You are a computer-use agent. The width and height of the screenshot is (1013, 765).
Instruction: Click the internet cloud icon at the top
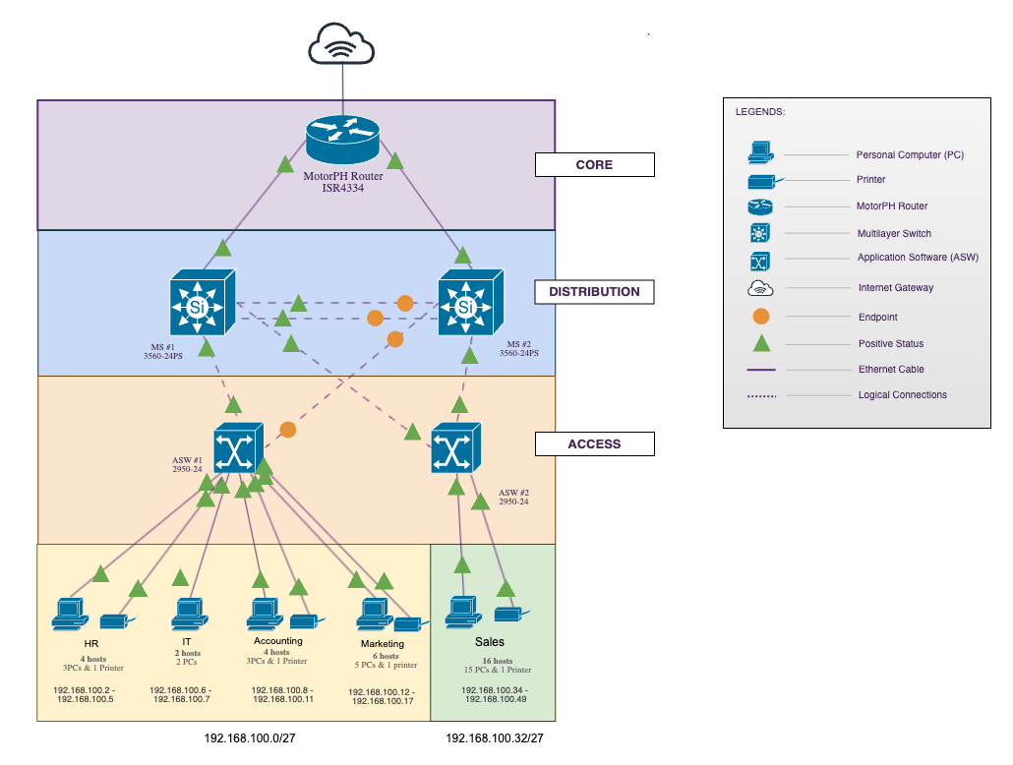(x=341, y=44)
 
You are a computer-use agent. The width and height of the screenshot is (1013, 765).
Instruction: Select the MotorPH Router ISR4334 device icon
(x=341, y=138)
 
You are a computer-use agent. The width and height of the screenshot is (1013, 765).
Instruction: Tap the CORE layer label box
(x=594, y=165)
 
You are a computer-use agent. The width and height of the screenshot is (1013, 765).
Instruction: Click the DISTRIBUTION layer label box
(x=594, y=292)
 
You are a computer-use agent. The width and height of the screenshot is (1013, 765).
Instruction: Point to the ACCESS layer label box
(x=594, y=444)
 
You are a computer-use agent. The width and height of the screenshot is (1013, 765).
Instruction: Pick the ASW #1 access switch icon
(x=238, y=450)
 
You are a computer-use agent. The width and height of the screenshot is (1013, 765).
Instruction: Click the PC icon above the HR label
(x=69, y=615)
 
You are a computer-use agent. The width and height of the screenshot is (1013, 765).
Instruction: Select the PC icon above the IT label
(x=187, y=615)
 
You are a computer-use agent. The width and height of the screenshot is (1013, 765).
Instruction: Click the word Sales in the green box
(x=490, y=642)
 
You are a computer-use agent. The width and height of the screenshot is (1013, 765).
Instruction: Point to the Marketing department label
(x=382, y=644)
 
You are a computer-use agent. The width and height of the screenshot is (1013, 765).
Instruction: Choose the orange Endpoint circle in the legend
(x=760, y=317)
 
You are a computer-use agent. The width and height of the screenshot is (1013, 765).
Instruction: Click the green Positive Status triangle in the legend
(x=760, y=343)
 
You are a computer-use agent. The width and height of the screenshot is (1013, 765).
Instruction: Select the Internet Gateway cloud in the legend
(x=760, y=288)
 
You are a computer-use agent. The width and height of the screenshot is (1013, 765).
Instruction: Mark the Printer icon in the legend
(x=760, y=180)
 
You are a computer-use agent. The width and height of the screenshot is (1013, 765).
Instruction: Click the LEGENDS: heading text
(x=760, y=112)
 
